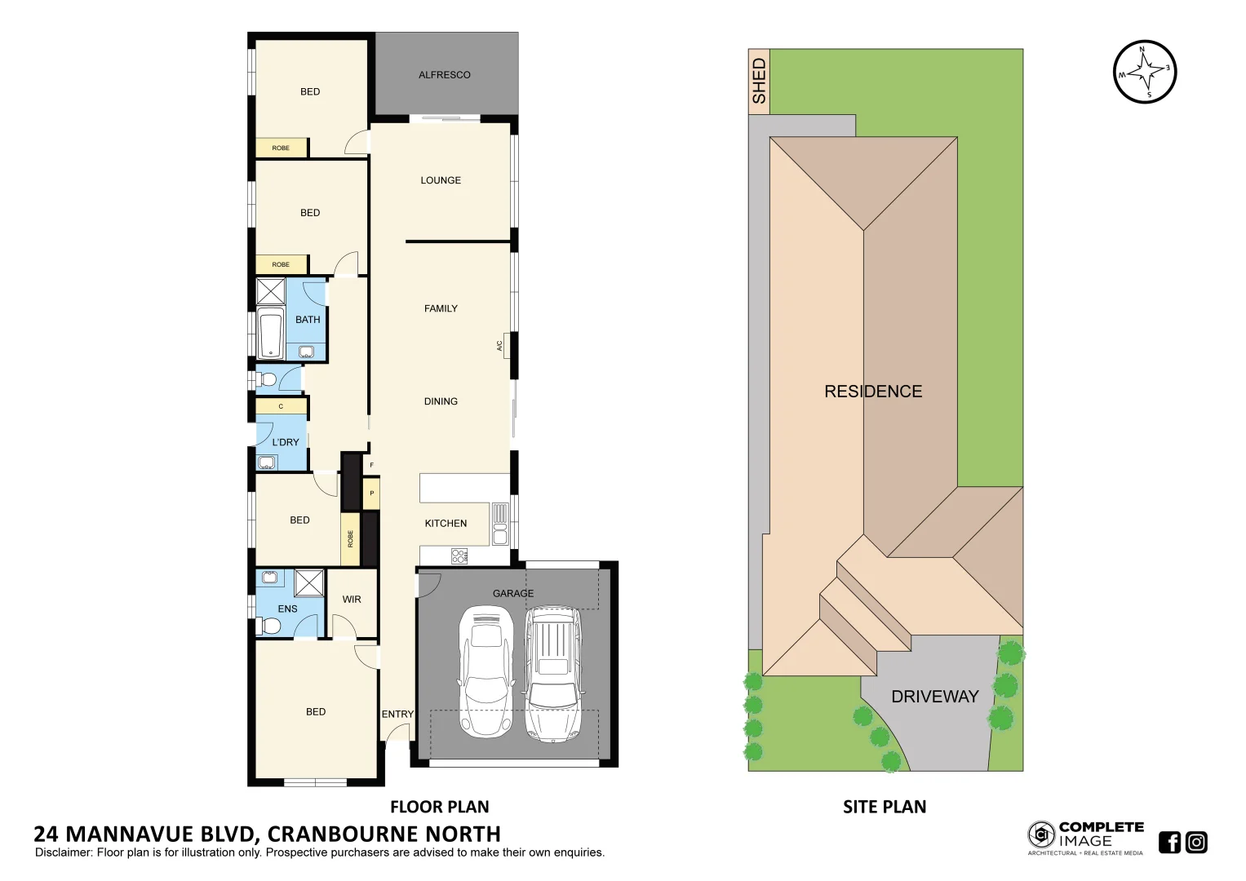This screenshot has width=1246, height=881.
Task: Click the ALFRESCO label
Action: [x=444, y=75]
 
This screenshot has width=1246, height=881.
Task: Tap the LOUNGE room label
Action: [x=441, y=180]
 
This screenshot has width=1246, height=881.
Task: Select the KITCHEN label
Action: [x=446, y=524]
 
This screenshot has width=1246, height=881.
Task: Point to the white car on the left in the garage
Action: [x=486, y=671]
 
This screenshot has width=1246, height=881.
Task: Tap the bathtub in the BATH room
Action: [x=269, y=333]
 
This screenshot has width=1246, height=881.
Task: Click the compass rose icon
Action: [x=1145, y=73]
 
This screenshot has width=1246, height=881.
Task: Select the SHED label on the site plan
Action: [x=759, y=81]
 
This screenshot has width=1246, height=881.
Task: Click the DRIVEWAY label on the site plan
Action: [x=934, y=697]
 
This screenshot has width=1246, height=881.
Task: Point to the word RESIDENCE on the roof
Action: [x=873, y=392]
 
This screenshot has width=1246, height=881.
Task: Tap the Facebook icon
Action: [x=1169, y=842]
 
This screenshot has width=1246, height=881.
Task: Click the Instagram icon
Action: [x=1196, y=842]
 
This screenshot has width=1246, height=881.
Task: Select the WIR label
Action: [x=352, y=600]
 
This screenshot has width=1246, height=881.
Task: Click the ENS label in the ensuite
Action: [x=287, y=609]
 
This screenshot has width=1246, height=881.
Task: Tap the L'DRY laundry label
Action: [x=286, y=442]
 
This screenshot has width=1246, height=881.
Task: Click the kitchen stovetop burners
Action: [x=459, y=556]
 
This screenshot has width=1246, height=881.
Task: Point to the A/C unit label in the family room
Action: [x=500, y=346]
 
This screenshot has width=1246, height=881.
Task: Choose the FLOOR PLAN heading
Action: [x=439, y=807]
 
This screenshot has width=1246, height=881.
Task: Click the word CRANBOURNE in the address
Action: [x=344, y=834]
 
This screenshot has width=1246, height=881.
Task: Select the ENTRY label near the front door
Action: [x=397, y=715]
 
